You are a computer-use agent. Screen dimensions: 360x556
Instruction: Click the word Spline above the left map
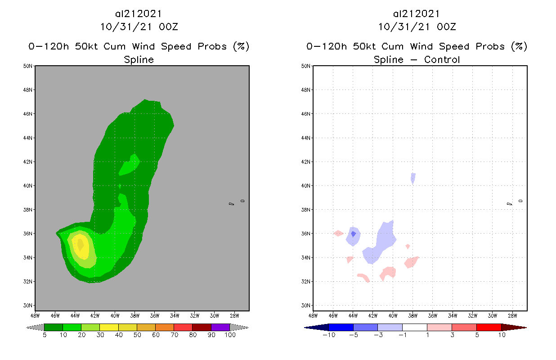pos(139,59)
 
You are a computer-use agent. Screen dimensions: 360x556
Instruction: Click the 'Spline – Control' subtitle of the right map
pos(417,59)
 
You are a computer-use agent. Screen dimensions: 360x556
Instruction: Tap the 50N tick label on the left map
pos(28,66)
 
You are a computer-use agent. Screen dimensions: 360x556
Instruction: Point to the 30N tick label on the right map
pos(306,306)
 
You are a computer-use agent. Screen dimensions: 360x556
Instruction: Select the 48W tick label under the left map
pos(35,315)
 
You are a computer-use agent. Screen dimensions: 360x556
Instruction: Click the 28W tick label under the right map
pos(512,315)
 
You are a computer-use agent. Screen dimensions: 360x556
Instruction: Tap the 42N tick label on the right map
pos(306,162)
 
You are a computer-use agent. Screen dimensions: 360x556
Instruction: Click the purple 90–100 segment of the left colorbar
pos(220,327)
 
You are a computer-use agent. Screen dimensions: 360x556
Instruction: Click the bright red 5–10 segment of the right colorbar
pos(488,327)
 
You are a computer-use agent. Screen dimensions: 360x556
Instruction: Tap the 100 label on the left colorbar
pos(230,335)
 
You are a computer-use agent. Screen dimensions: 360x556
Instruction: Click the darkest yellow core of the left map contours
pos(80,244)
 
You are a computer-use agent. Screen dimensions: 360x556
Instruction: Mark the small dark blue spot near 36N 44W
pos(354,234)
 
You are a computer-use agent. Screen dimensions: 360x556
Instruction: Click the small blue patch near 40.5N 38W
pos(413,178)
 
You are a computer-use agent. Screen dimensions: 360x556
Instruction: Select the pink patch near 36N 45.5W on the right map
pos(338,233)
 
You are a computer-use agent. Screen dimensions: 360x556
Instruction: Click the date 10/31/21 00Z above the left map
pos(139,27)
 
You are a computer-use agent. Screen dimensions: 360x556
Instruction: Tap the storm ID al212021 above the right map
pos(417,14)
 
